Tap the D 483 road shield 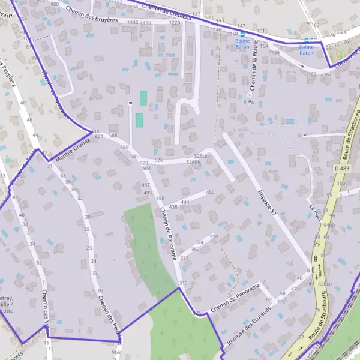click(341, 169)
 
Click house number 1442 click(133, 22)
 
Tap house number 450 click(210, 192)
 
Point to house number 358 click(214, 237)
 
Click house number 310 click(183, 283)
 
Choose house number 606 click(97, 131)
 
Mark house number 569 click(124, 147)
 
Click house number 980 click(55, 4)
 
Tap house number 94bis click(328, 225)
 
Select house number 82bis click(325, 283)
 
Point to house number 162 click(328, 74)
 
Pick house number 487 click(146, 185)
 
